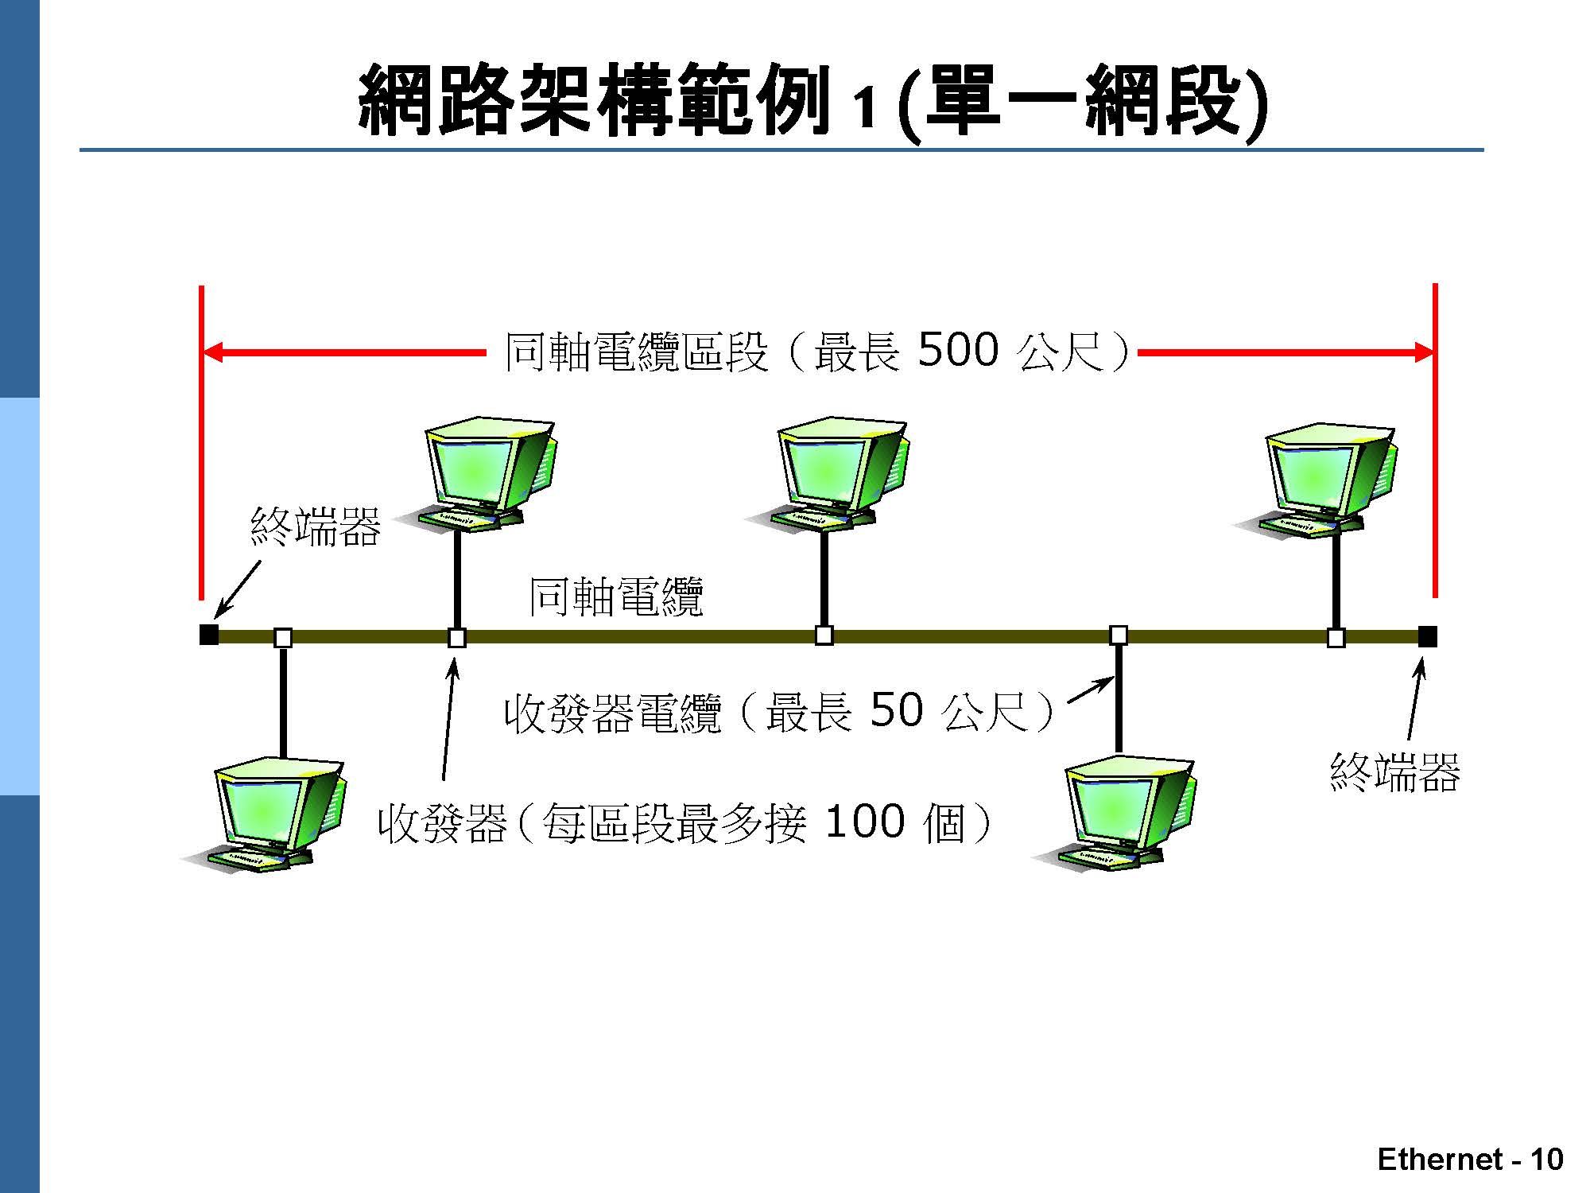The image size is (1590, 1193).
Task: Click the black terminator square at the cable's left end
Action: [208, 635]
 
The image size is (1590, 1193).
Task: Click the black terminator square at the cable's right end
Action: [1427, 636]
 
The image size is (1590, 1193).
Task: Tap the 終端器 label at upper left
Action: [316, 527]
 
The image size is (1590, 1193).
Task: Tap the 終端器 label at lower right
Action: [1394, 772]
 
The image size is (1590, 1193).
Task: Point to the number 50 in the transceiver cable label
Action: [896, 710]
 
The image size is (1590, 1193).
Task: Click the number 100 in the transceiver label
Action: [865, 822]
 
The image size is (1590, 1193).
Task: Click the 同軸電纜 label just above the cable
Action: [616, 596]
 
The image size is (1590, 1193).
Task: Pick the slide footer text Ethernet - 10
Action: [1470, 1160]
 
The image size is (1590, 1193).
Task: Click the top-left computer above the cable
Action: [482, 473]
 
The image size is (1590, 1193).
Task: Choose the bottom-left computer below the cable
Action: [270, 815]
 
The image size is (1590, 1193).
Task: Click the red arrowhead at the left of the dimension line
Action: [213, 352]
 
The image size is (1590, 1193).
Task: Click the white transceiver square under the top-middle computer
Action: [824, 635]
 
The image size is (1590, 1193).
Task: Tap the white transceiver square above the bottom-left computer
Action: [282, 637]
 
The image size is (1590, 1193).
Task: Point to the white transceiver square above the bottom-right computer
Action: [1119, 635]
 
